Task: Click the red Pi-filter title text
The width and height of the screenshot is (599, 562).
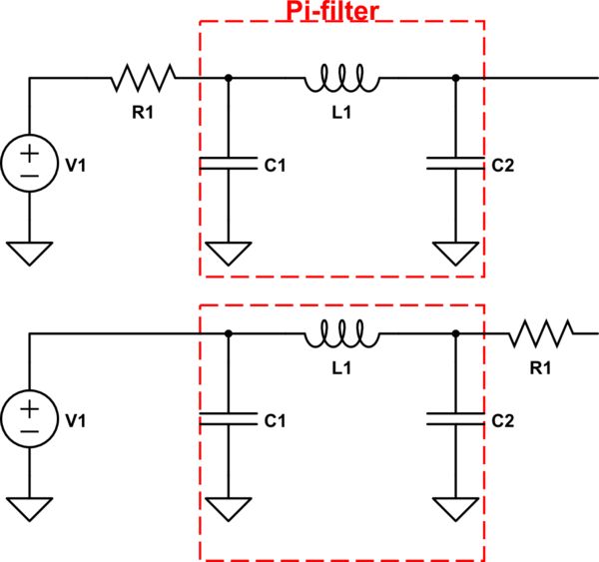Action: point(342,11)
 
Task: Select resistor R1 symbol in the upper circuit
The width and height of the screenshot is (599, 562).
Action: point(144,77)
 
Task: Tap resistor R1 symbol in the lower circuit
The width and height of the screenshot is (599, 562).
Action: point(541,334)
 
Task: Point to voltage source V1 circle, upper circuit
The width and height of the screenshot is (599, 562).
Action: point(29,165)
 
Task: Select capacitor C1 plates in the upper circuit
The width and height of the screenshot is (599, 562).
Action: point(230,165)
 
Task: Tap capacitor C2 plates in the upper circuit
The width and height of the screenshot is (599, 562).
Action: point(455,165)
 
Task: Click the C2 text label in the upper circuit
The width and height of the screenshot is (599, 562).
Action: point(501,166)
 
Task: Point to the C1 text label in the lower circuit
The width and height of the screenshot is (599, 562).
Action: point(276,423)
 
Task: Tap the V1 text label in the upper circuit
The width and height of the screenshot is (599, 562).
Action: point(76,166)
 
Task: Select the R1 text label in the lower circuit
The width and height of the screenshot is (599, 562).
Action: point(540,367)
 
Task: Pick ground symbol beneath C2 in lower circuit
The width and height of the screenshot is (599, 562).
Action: point(455,509)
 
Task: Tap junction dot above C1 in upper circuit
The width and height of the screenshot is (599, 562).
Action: point(230,78)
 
